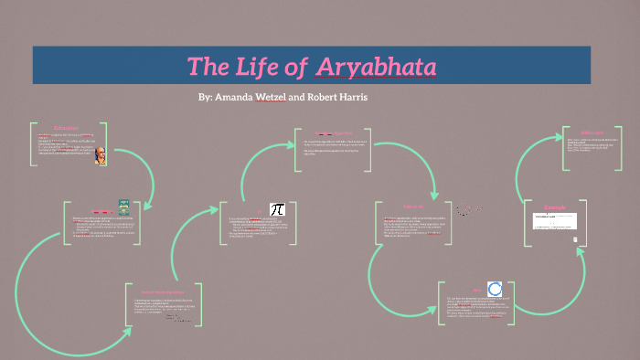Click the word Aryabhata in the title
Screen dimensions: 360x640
click(377, 67)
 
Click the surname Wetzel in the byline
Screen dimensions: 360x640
click(271, 96)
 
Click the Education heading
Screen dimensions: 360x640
click(66, 127)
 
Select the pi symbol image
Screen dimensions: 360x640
click(277, 210)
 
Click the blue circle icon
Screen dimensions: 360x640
click(495, 289)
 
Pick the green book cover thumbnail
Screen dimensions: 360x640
click(123, 206)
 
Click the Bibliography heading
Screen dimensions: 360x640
click(592, 133)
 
